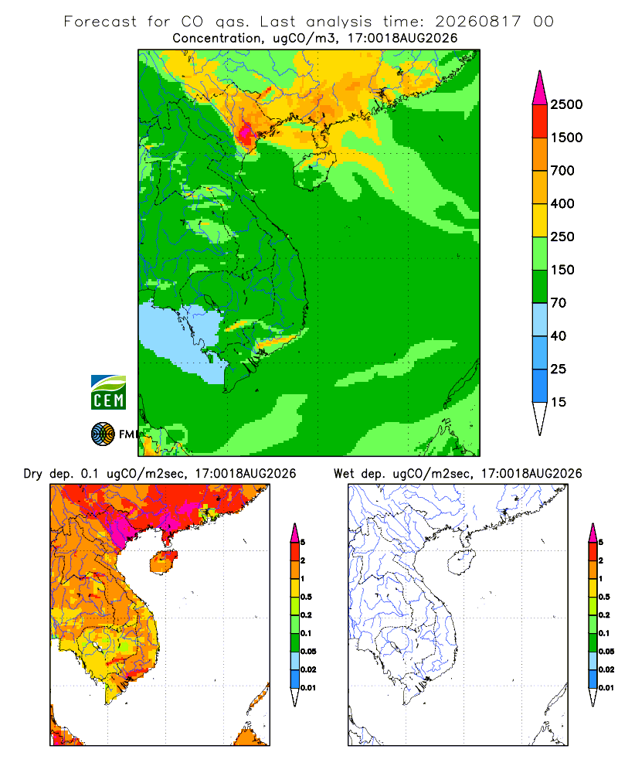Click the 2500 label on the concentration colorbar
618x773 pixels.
coord(566,104)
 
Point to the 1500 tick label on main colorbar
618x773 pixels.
coord(566,138)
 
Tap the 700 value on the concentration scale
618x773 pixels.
coord(562,171)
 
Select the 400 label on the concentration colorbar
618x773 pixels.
coord(562,203)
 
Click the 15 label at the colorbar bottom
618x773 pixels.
coord(559,402)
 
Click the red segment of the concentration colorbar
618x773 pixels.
coord(540,121)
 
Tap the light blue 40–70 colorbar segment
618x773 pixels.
coord(540,319)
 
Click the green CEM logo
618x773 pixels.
coord(108,393)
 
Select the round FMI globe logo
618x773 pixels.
coord(103,434)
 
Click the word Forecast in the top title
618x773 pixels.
coord(100,22)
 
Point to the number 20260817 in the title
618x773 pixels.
coord(477,22)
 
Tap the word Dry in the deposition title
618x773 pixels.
coord(33,474)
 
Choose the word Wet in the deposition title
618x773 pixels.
coord(344,474)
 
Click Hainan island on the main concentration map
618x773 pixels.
coord(314,169)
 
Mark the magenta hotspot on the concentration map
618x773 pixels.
coord(246,132)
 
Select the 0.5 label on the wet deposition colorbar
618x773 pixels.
coord(604,597)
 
